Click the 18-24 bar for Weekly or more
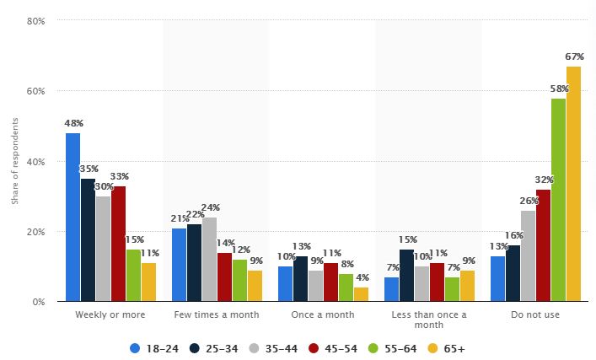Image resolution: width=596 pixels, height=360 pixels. tap(73, 218)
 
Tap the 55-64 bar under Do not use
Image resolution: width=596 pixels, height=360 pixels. tap(558, 200)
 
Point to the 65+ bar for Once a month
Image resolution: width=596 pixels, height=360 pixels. tap(361, 294)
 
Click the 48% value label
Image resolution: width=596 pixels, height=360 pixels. tap(73, 123)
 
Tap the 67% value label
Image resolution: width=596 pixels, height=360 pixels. tap(574, 56)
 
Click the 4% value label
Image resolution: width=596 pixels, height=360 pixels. tap(361, 278)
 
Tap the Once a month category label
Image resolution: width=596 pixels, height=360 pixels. tap(323, 314)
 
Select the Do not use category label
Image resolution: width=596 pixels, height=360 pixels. tap(535, 314)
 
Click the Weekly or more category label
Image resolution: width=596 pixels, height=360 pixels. tap(111, 314)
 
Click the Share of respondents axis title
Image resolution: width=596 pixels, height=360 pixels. tap(14, 161)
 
